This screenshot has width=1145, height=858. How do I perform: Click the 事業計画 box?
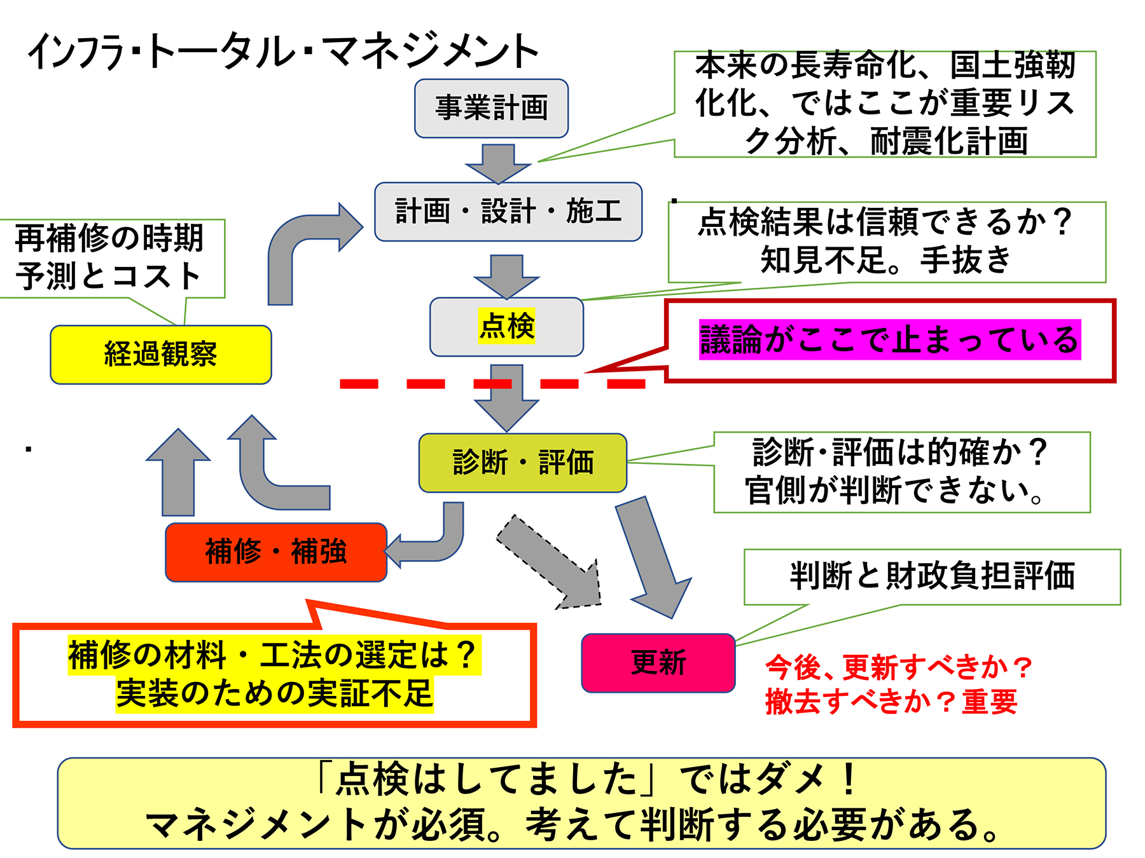pos(491,108)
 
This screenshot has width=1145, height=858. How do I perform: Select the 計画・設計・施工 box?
pos(508,212)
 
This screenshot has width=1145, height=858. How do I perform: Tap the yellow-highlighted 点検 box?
pos(506,327)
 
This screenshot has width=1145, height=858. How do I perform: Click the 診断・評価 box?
pos(522,463)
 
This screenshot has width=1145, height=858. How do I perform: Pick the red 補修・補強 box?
pos(275,552)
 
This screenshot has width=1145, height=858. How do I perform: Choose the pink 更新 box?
pos(658,663)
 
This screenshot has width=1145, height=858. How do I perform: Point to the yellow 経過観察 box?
pos(160,355)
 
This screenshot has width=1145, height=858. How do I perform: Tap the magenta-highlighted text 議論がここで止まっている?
pos(889,340)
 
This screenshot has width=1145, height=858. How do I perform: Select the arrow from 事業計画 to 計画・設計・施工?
pos(498,163)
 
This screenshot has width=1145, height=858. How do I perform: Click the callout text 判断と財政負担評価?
pos(932,576)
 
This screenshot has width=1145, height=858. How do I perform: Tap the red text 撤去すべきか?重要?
pos(891,702)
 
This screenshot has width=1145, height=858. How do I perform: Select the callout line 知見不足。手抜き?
pos(885,260)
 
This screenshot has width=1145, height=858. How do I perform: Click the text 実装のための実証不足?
pos(275,693)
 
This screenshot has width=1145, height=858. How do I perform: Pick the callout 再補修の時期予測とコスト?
pos(109,257)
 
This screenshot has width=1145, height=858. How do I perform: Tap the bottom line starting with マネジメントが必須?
pos(572,826)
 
